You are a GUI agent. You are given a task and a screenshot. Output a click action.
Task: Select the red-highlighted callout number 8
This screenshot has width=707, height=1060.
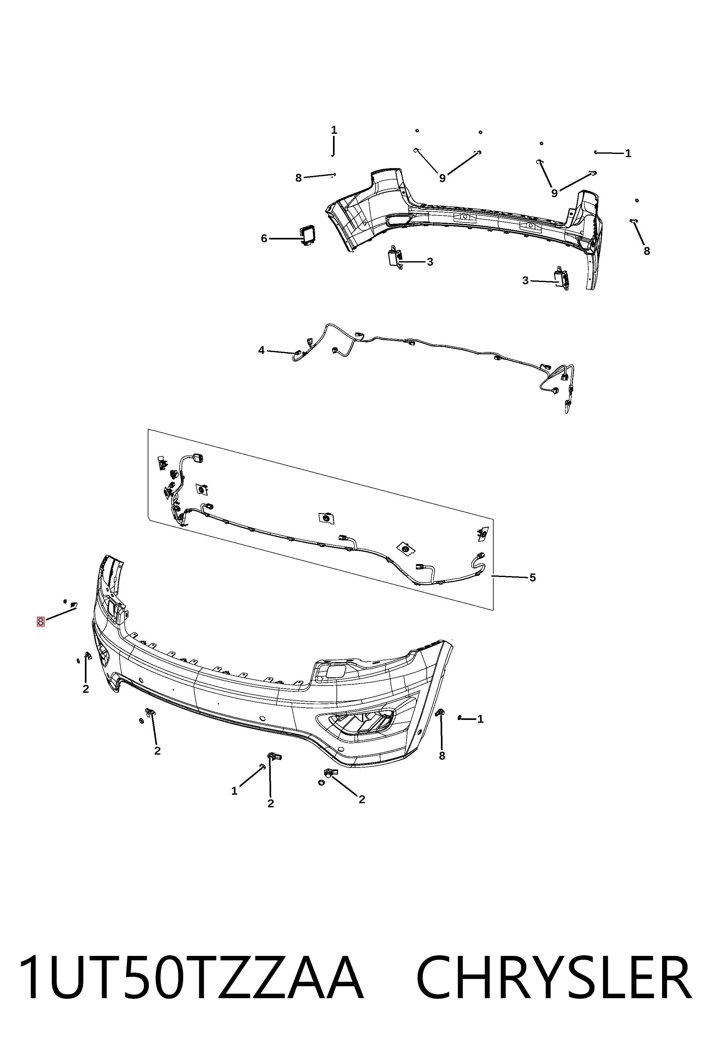click(x=41, y=621)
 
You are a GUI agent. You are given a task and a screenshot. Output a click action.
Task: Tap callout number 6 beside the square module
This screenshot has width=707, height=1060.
click(x=264, y=238)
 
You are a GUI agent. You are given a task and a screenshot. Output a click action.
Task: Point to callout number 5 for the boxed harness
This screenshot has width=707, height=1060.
click(x=532, y=577)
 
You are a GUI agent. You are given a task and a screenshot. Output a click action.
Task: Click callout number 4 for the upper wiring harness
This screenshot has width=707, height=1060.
click(x=262, y=350)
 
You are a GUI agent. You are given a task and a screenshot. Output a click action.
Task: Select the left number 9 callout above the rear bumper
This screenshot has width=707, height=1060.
click(x=442, y=178)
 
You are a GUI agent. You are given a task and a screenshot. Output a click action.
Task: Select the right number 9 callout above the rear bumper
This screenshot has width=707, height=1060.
click(x=554, y=193)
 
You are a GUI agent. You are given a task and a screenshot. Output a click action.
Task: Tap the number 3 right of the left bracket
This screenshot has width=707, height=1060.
click(x=430, y=262)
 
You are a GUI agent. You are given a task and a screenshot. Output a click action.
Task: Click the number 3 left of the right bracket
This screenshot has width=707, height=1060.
click(x=525, y=280)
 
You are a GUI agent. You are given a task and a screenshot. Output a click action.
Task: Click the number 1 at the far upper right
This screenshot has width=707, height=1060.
click(x=628, y=153)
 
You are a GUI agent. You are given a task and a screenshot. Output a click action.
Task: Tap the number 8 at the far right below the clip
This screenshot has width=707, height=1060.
click(x=647, y=251)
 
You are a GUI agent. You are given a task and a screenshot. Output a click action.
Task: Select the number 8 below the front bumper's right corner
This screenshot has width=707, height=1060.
click(x=442, y=756)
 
